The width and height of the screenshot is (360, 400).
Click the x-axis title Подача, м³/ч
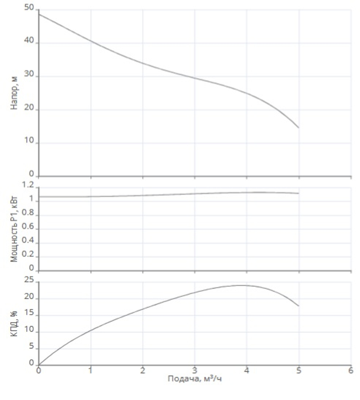tap(194, 379)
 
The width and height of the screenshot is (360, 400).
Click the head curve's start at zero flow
tap(39, 14)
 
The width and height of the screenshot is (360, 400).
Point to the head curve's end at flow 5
tap(298, 127)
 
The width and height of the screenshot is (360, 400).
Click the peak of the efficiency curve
tap(243, 286)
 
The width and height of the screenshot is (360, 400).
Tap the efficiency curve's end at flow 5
tap(298, 306)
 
